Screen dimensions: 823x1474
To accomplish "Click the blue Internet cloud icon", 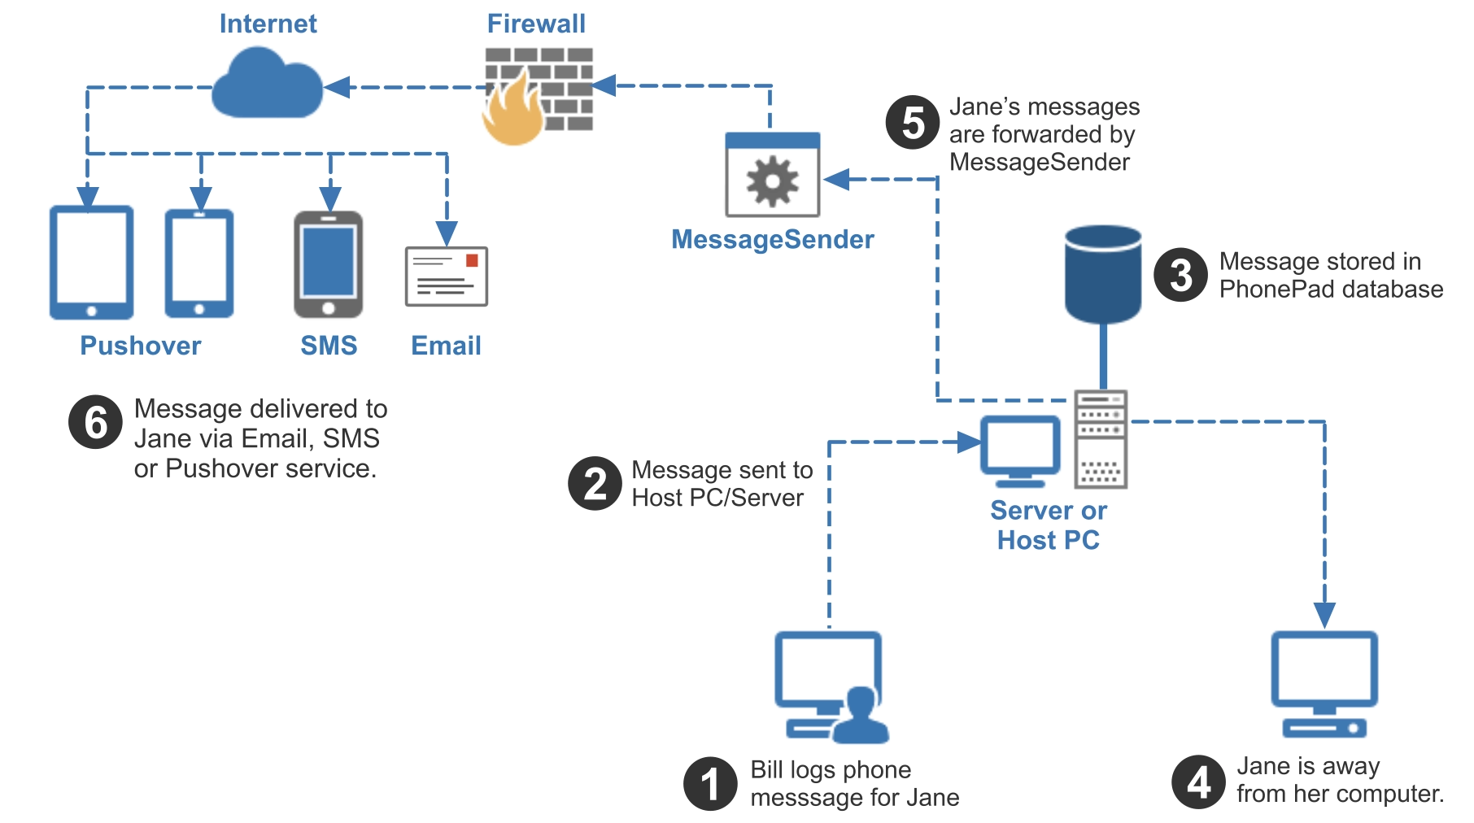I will click(267, 85).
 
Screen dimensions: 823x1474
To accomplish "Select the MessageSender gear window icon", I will click(772, 175).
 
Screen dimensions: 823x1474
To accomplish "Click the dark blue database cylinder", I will click(1103, 274).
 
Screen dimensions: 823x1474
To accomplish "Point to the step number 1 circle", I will click(710, 784).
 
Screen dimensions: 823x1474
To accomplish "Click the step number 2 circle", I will click(595, 483).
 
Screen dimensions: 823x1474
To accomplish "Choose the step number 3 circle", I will click(1180, 275).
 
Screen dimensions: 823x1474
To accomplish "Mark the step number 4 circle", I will click(1198, 782).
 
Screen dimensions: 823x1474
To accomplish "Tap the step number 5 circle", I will click(913, 123).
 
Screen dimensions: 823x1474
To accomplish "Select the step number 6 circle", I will click(96, 422).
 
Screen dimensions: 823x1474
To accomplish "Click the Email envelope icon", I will click(447, 277).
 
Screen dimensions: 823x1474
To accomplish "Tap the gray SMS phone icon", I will click(329, 264).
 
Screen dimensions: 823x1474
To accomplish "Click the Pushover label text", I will click(140, 346).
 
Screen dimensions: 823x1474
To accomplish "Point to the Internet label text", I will click(268, 24).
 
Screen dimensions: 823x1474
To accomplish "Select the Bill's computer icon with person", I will click(830, 687).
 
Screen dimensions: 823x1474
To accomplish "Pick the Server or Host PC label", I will click(1048, 525).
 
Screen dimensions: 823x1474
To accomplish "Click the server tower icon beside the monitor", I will click(1101, 439).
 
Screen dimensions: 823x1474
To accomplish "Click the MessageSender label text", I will click(772, 239).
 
